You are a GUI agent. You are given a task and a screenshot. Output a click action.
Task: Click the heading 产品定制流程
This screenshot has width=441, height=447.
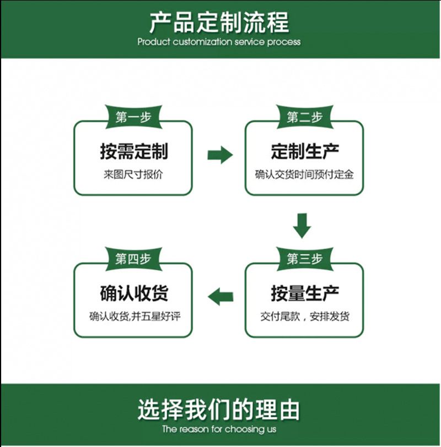pyautogui.click(x=219, y=23)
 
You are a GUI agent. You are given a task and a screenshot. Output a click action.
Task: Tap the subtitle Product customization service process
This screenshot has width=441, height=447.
pyautogui.click(x=219, y=42)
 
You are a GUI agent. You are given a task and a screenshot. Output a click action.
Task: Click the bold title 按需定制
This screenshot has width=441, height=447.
pyautogui.click(x=133, y=150)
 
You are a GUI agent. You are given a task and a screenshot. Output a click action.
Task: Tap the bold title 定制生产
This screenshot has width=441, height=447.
pyautogui.click(x=304, y=150)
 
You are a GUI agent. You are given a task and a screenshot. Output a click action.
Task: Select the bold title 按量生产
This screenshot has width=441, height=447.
pyautogui.click(x=304, y=293)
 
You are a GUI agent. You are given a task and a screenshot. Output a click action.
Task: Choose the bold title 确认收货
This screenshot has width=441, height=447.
pyautogui.click(x=133, y=293)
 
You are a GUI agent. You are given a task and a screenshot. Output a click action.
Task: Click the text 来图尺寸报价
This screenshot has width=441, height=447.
pyautogui.click(x=133, y=175)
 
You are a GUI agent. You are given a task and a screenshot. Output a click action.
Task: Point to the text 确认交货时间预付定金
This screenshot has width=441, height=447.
pyautogui.click(x=304, y=175)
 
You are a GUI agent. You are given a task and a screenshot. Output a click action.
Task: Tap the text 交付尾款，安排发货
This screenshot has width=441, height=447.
pyautogui.click(x=304, y=317)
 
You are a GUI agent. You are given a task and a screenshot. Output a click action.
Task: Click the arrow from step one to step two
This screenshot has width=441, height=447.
pyautogui.click(x=220, y=155)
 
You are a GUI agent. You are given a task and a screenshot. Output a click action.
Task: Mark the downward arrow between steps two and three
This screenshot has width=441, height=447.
pyautogui.click(x=302, y=225)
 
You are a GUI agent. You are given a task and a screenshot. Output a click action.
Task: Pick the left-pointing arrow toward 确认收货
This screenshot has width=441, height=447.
pyautogui.click(x=220, y=296)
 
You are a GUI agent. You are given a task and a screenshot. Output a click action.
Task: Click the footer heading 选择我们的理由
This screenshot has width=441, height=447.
pyautogui.click(x=219, y=410)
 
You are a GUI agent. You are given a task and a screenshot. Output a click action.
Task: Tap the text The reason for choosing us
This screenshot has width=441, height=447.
pyautogui.click(x=219, y=429)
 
